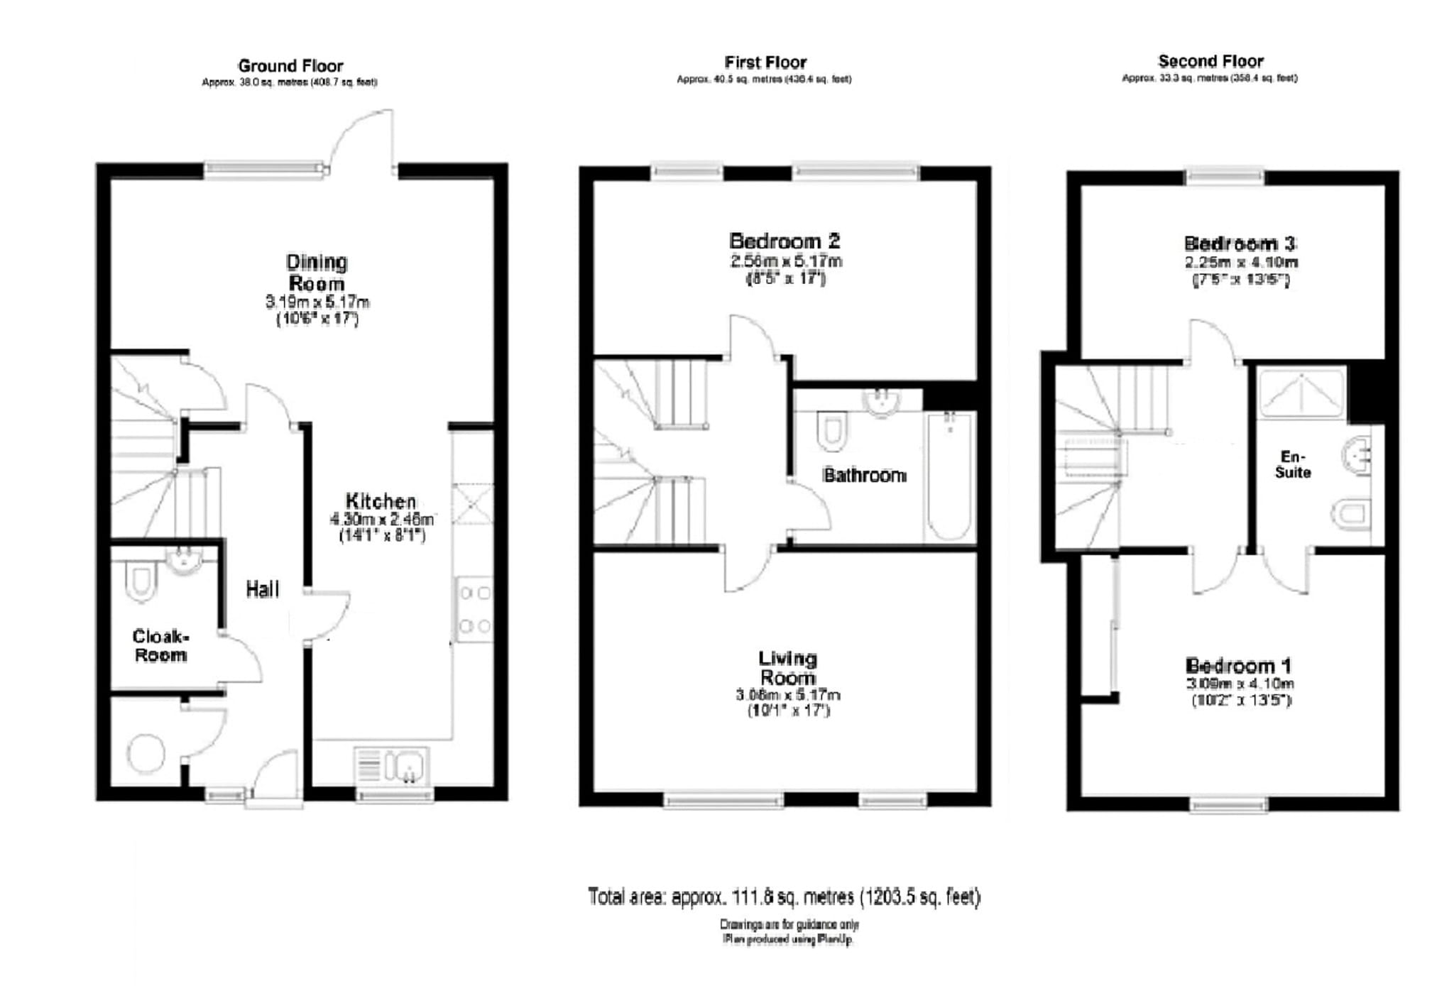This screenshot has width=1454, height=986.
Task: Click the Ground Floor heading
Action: coord(290,66)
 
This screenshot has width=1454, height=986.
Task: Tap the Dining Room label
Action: coord(317,273)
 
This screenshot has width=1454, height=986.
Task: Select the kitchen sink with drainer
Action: coord(392,767)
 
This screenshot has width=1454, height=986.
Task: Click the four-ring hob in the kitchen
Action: coord(474,609)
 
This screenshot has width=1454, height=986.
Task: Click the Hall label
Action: coord(262,589)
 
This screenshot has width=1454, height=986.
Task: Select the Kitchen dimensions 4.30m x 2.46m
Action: coord(381,520)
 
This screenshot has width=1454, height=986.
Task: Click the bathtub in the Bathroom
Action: coord(949,477)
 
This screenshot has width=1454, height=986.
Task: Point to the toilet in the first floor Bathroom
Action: coord(831,431)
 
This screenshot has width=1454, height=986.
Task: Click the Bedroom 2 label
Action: coord(785,241)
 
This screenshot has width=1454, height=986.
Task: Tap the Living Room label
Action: coord(787,668)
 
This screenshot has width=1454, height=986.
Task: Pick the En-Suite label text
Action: coord(1292,464)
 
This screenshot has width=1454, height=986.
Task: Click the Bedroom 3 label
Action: coord(1240,243)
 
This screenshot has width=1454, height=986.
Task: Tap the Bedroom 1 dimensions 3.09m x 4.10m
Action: coord(1240,684)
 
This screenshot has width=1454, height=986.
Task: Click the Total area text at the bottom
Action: coord(784,897)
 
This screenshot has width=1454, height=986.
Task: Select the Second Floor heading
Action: coord(1210,61)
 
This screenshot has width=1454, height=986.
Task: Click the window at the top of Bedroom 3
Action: coord(1225,176)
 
